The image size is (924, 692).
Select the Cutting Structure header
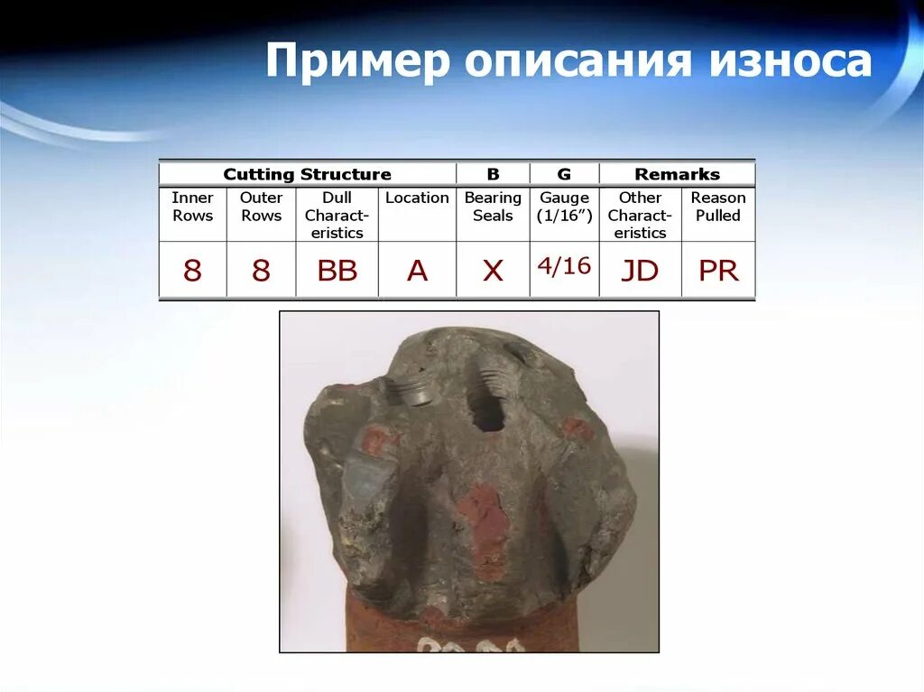click(307, 174)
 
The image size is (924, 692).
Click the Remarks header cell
click(677, 174)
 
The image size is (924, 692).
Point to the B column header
click(493, 174)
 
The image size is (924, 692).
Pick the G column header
click(564, 174)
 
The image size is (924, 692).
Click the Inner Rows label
click(192, 207)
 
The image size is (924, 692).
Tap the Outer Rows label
click(261, 207)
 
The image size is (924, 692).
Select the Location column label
click(417, 198)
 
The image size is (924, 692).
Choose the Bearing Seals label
click(493, 207)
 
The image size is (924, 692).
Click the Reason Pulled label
click(718, 207)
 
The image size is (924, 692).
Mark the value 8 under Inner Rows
click(192, 270)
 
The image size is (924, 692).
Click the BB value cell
click(337, 270)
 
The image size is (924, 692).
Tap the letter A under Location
click(417, 270)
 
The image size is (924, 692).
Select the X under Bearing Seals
click(493, 270)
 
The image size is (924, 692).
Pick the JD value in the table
click(640, 270)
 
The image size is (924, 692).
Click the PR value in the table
click(718, 270)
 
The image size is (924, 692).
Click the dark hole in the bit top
click(486, 411)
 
